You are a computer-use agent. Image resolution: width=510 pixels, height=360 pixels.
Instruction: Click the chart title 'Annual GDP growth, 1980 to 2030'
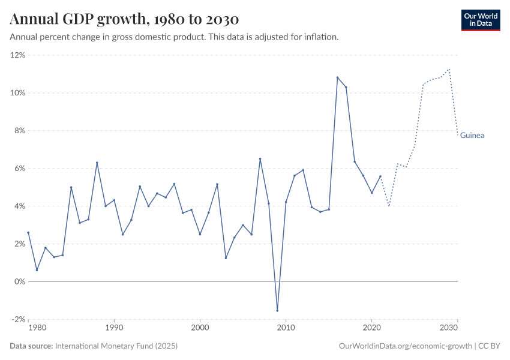click(x=124, y=19)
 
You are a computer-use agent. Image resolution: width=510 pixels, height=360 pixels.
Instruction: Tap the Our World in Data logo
click(x=480, y=20)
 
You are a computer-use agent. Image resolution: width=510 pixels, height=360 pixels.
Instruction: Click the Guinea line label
click(x=472, y=136)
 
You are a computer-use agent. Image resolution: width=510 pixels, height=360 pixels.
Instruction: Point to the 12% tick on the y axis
click(x=18, y=55)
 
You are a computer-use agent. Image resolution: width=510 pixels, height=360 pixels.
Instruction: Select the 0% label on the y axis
click(x=19, y=281)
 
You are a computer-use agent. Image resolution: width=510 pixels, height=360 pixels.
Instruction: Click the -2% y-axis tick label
click(x=18, y=319)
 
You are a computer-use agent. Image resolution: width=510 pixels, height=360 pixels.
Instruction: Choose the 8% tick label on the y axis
click(x=19, y=131)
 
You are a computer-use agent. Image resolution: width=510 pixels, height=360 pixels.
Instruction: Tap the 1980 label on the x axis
click(x=37, y=328)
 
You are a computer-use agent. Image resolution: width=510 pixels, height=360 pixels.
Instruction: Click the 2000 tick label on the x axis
click(x=200, y=328)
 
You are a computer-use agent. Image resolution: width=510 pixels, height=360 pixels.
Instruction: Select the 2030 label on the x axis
click(x=449, y=328)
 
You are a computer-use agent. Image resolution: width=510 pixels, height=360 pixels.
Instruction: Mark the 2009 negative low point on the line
click(x=277, y=310)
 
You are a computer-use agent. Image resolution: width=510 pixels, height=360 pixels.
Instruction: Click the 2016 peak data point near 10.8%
click(x=337, y=77)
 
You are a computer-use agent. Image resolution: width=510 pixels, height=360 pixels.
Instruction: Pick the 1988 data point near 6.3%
click(x=97, y=163)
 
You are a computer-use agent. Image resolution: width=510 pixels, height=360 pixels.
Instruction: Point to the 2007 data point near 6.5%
click(x=260, y=159)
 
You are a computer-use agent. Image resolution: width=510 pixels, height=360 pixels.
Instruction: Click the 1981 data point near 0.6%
click(x=37, y=270)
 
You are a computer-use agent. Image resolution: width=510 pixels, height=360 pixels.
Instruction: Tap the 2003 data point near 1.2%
click(x=226, y=258)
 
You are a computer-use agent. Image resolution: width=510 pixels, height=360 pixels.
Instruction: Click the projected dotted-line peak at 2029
click(x=449, y=69)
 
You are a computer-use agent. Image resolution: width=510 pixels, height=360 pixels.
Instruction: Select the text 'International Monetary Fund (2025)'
click(x=116, y=346)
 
